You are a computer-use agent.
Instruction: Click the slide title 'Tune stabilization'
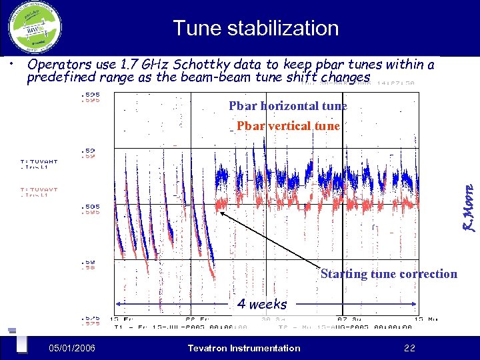coord(255,28)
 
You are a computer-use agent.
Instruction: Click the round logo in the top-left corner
coord(35,27)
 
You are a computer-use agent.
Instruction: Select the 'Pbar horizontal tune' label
coord(288,105)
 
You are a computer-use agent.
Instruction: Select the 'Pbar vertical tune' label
coord(288,125)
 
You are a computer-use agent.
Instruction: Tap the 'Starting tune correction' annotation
coord(389,274)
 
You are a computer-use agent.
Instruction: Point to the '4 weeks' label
coord(262,304)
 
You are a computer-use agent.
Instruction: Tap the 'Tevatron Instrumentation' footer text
coord(244,347)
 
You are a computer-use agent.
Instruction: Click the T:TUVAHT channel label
coord(39,161)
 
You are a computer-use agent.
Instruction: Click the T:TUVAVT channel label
coord(39,189)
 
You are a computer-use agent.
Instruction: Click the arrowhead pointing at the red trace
coord(221,212)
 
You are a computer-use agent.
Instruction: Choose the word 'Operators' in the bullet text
coord(57,65)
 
